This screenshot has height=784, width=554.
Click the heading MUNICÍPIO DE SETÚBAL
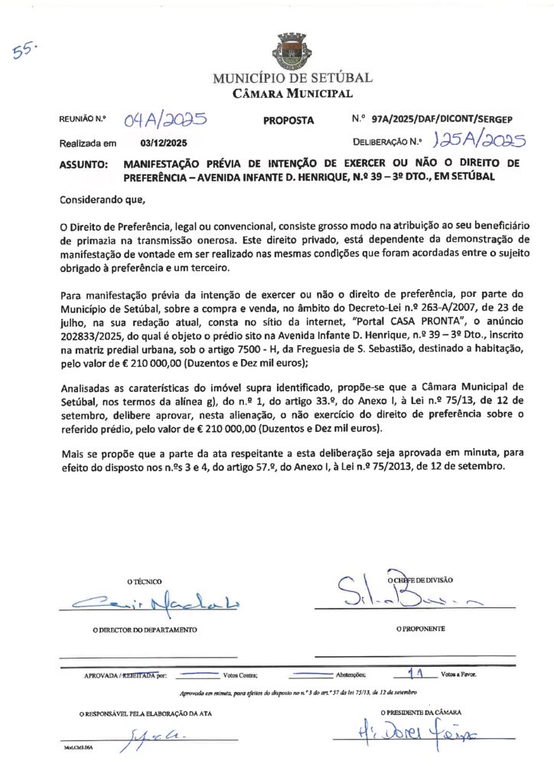[292, 78]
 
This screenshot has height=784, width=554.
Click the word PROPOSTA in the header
[288, 120]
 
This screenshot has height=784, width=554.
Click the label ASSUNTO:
[83, 164]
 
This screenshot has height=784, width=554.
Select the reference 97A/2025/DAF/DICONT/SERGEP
[442, 119]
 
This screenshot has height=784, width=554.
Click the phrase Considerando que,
[102, 201]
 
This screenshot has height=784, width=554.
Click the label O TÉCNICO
[145, 582]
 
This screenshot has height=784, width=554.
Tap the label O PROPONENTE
[420, 629]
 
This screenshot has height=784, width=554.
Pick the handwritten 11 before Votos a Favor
[418, 674]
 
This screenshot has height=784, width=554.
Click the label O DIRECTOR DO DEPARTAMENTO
[145, 629]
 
